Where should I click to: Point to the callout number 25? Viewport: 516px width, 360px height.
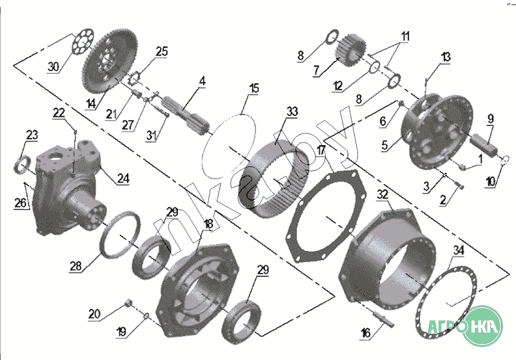(x=161, y=51)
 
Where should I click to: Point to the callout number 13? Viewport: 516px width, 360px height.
(x=445, y=57)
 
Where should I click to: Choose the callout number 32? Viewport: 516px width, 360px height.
(x=382, y=194)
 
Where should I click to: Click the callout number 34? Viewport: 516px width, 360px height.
(x=459, y=249)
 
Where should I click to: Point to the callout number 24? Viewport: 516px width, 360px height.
(x=123, y=179)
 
